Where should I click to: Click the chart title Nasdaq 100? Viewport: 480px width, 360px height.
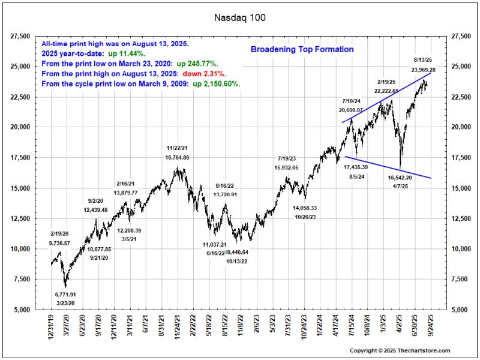pos(240,17)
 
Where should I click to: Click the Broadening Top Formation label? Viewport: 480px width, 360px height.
pos(302,49)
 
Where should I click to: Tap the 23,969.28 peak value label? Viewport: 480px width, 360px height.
pos(424,70)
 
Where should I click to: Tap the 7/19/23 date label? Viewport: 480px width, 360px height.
pos(286,158)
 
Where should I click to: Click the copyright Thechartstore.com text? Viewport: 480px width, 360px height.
pos(400,350)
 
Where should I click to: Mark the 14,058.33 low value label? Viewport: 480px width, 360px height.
pos(305,208)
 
